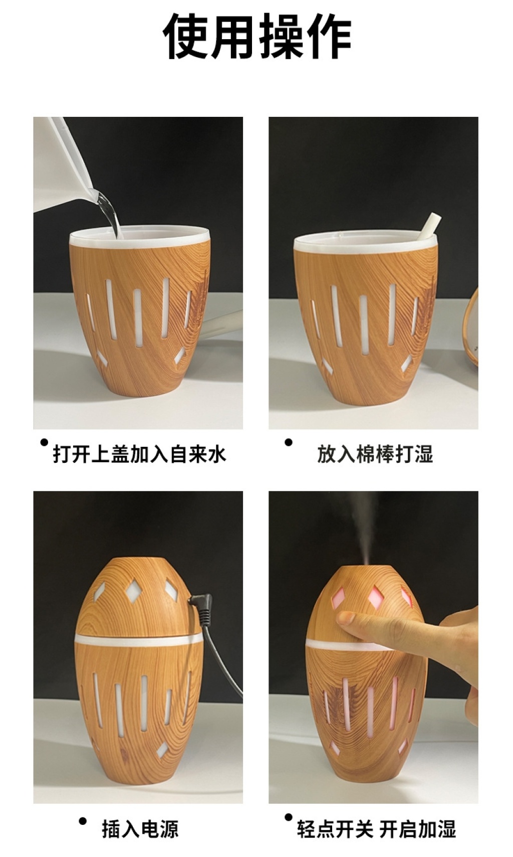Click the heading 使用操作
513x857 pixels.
pos(257,36)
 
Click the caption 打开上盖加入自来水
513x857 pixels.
pos(140,454)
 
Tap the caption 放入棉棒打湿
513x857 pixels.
pos(375,454)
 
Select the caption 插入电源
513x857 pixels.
pos(140,828)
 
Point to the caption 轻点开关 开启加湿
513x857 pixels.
pos(377,828)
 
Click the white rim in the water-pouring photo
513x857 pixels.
pos(140,238)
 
